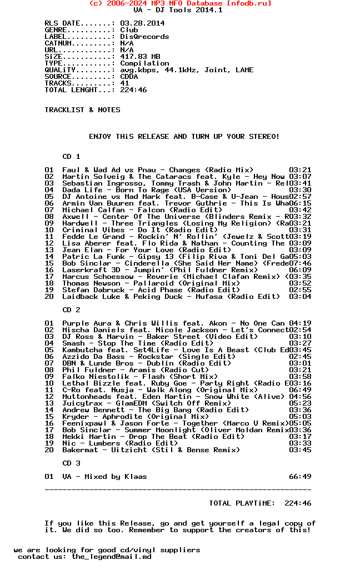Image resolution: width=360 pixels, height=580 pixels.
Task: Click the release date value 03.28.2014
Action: pos(142,23)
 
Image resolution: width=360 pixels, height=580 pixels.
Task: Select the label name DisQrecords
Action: pos(144,37)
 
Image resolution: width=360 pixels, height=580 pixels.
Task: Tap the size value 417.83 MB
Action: pos(140,57)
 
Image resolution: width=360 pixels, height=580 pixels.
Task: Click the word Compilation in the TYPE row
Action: pos(144,63)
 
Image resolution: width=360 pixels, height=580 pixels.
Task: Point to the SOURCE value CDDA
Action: pos(129,77)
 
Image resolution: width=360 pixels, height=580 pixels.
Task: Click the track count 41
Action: pos(124,83)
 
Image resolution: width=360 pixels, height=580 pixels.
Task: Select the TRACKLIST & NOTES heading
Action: pos(82,110)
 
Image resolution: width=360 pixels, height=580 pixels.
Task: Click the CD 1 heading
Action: pos(71,157)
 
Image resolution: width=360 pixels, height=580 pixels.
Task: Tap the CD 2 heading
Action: pos(71,310)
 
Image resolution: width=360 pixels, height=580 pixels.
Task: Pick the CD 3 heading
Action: pos(71,463)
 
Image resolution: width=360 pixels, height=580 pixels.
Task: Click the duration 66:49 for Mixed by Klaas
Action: pos(300,477)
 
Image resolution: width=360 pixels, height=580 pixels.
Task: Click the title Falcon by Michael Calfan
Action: pos(151,210)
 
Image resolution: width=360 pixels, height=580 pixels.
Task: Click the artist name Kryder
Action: pos(76,417)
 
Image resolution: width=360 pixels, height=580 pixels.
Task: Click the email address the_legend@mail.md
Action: pos(111,557)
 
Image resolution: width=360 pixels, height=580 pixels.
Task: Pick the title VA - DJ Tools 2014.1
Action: pos(178,10)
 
